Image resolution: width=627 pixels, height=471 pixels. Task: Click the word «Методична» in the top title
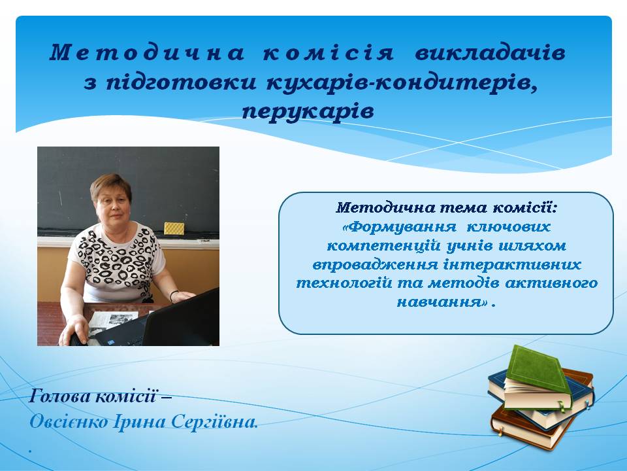click(147, 53)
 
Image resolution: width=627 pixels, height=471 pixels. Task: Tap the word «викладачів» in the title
click(490, 53)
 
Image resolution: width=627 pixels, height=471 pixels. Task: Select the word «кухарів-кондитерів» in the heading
click(402, 83)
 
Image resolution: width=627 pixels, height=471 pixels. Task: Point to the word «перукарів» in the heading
click(308, 111)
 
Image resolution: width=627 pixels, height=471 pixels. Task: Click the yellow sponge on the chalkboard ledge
click(174, 228)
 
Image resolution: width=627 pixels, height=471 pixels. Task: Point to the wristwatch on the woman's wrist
click(173, 296)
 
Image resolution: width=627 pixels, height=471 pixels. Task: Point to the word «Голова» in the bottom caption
click(60, 396)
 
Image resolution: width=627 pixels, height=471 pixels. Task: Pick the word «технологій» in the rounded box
click(344, 283)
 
